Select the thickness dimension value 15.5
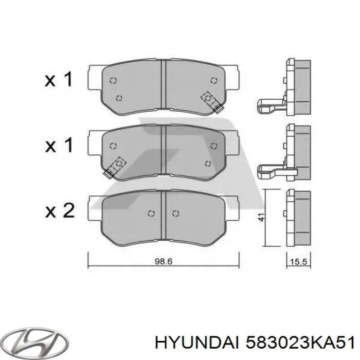pyautogui.click(x=299, y=261)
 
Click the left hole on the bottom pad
pyautogui.click(x=151, y=213)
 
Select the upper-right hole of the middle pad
pyautogui.click(x=213, y=146)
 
